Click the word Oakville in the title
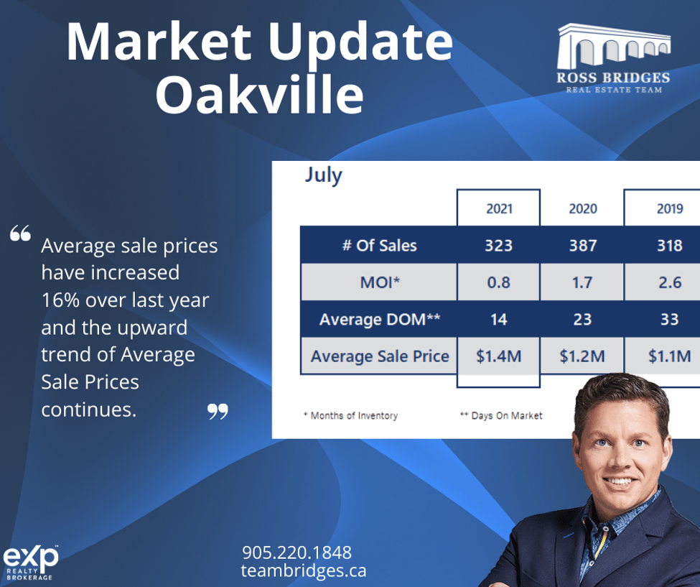[x=259, y=94]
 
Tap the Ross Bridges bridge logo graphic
[x=613, y=47]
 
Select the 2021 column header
[x=499, y=208]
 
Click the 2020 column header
[x=582, y=208]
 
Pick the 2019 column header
[x=670, y=208]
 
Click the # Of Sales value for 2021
[x=499, y=245]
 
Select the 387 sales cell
[x=582, y=245]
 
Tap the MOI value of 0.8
[x=499, y=282]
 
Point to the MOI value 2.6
[x=670, y=282]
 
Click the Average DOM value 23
[x=582, y=320]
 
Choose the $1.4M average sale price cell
[x=499, y=356]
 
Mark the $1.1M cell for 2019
[x=670, y=356]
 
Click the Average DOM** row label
[x=380, y=320]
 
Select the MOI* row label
[x=380, y=282]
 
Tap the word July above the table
[x=323, y=175]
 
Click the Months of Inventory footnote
[x=350, y=415]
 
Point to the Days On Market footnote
[x=501, y=415]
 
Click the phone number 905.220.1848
[x=297, y=553]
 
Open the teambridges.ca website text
[x=304, y=570]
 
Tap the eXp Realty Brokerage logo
[x=31, y=563]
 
